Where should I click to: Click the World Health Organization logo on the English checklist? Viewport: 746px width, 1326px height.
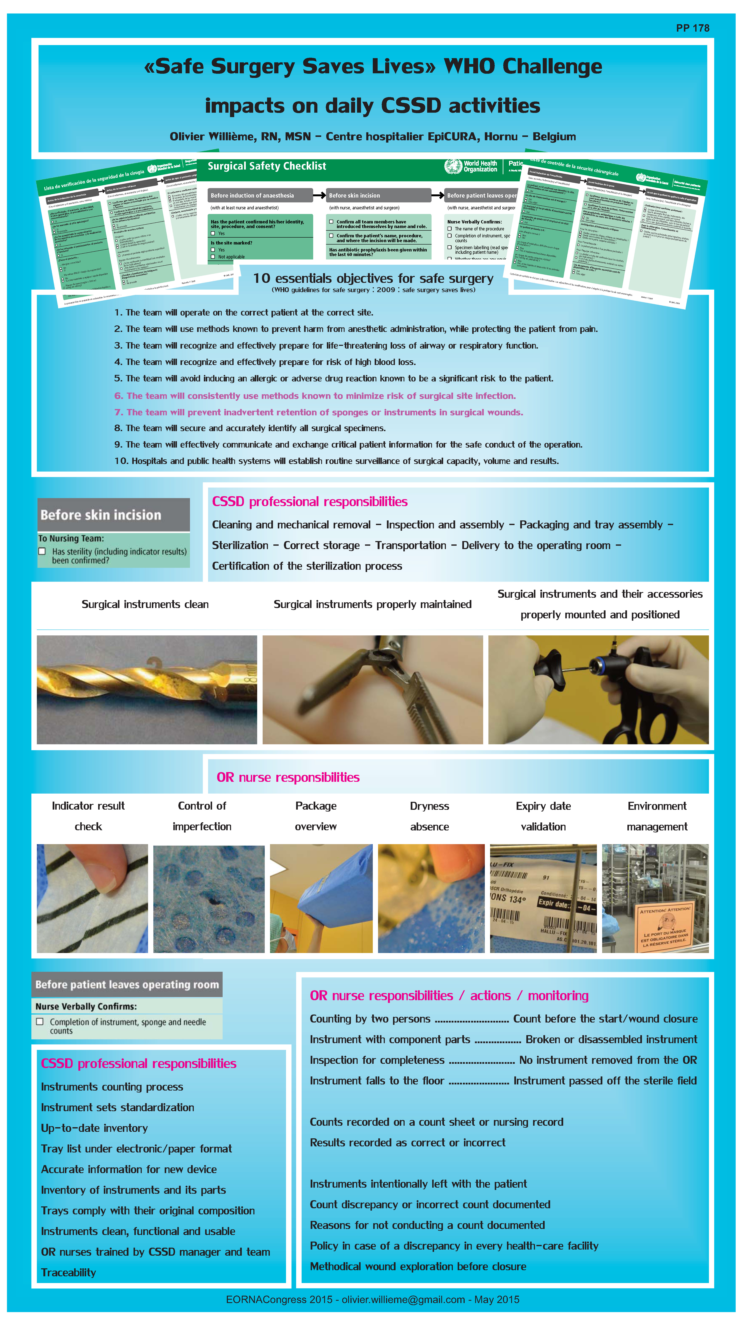pyautogui.click(x=453, y=166)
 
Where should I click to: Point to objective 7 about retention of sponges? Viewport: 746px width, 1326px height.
pyautogui.click(x=318, y=412)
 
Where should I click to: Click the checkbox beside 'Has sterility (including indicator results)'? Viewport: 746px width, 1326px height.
pyautogui.click(x=42, y=551)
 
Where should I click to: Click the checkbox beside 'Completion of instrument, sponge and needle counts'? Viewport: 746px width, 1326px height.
pyautogui.click(x=40, y=1022)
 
